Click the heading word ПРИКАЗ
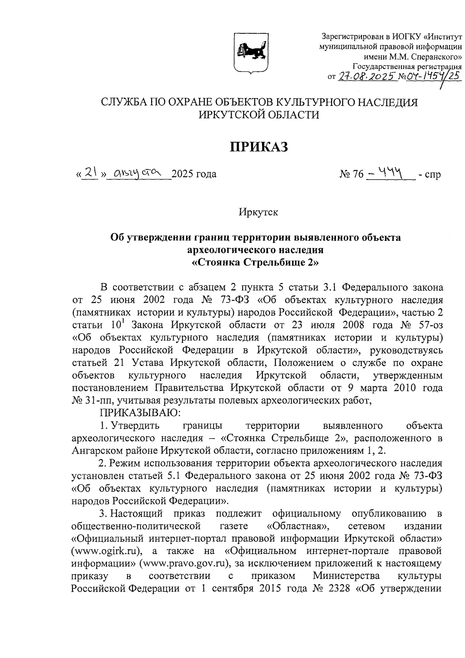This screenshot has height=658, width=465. (x=259, y=147)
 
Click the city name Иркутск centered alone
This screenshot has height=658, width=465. (x=258, y=213)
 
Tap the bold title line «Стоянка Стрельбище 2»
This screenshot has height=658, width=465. (x=256, y=263)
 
